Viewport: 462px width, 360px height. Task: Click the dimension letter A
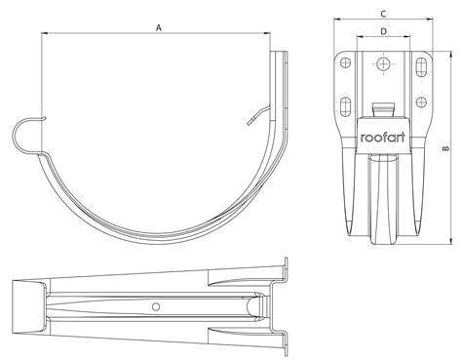click(159, 27)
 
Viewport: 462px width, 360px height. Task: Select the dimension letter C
click(383, 13)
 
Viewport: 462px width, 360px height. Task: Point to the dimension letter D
click(383, 32)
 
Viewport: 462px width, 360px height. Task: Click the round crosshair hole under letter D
click(383, 65)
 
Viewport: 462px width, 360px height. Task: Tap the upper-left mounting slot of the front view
click(344, 66)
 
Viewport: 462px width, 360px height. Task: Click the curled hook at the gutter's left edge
click(27, 134)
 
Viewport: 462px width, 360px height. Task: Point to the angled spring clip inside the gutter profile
click(255, 116)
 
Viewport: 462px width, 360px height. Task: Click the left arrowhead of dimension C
click(335, 20)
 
